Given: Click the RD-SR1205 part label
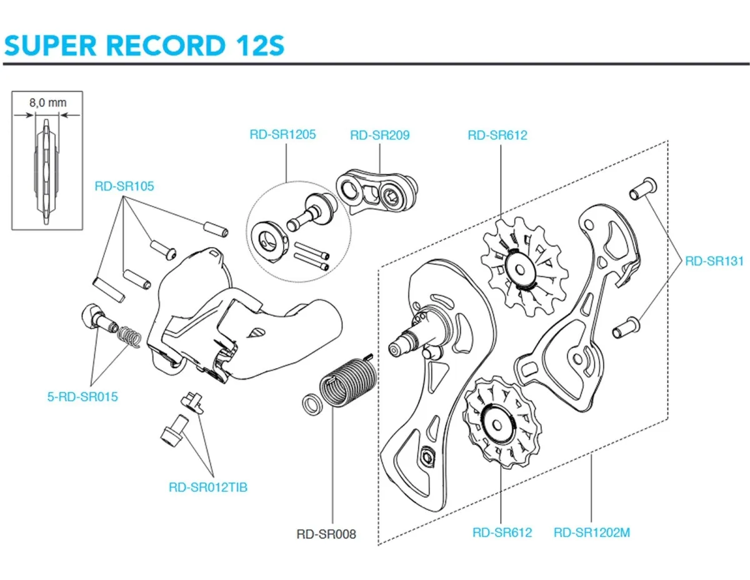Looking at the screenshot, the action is point(282,134).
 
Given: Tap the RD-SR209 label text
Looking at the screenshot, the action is point(379,135).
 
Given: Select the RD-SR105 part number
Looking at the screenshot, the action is point(124,186).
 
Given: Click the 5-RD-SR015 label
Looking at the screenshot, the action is point(82,396).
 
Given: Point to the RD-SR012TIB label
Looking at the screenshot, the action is point(208,487).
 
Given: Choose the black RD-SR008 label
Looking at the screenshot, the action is point(326,534).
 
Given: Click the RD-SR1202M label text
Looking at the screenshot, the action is point(592,532).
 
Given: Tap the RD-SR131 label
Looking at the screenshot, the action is point(714,261).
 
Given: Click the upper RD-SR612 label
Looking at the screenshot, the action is point(497,135).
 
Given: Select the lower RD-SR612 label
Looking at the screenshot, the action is point(502,532).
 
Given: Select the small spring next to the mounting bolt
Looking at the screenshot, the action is point(129,337).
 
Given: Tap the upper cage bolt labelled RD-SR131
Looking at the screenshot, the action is point(641,188).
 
